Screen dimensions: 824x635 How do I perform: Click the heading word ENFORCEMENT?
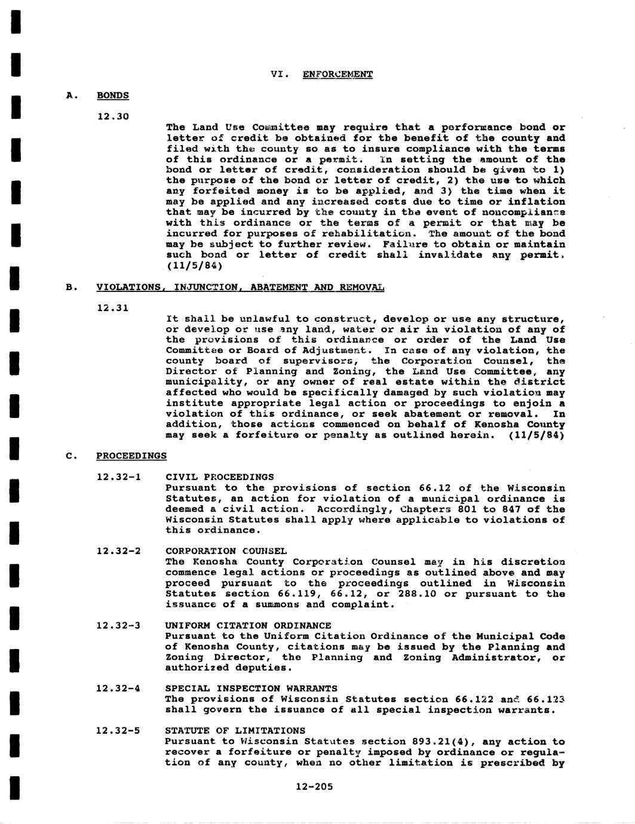338,75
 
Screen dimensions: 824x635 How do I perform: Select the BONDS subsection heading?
113,96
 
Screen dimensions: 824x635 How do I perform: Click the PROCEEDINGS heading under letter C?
131,456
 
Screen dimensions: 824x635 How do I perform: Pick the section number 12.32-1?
118,477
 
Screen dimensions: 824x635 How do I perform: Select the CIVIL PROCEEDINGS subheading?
219,477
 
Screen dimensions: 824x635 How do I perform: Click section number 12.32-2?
118,551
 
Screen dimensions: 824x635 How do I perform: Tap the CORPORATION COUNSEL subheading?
226,551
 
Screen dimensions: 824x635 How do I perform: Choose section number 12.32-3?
118,626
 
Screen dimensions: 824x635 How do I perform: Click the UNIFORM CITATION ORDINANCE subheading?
248,626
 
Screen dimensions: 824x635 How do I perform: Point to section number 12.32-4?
118,688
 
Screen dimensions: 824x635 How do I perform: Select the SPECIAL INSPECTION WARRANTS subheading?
251,688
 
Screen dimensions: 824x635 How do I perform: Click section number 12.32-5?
118,731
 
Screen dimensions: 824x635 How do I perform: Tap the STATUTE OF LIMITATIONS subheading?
235,731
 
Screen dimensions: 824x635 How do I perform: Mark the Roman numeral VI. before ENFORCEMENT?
280,75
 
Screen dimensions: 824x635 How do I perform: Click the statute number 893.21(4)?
443,742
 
